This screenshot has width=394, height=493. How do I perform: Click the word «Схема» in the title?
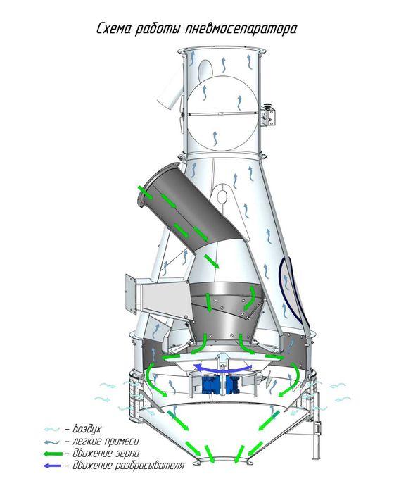[x=113, y=29]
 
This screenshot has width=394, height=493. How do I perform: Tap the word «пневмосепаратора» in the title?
[x=241, y=30]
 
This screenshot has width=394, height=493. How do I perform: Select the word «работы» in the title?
[x=158, y=30]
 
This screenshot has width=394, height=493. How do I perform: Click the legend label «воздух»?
[x=87, y=429]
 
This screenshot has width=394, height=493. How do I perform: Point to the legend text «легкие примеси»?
[x=106, y=441]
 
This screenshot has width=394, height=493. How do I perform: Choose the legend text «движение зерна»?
[x=106, y=454]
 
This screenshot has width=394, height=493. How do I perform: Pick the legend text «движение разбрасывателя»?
[x=129, y=466]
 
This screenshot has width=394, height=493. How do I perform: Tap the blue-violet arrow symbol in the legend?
[x=52, y=466]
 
